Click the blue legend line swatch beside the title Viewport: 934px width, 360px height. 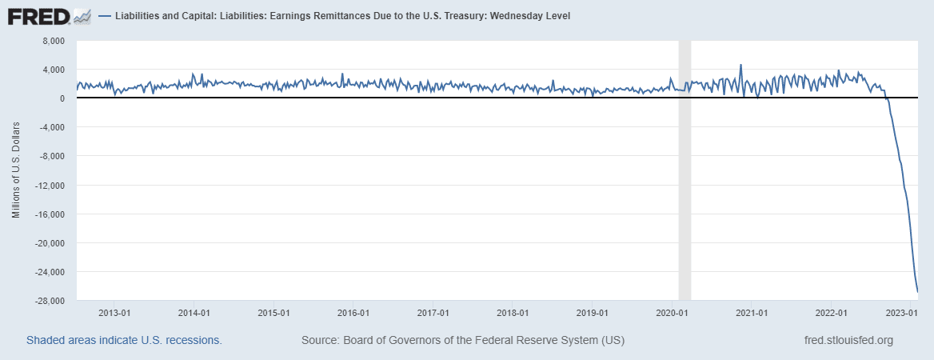tap(105, 16)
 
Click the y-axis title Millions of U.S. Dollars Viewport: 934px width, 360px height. tap(15, 171)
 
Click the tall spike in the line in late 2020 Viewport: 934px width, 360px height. tap(740, 65)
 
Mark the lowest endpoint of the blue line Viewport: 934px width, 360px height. tap(917, 291)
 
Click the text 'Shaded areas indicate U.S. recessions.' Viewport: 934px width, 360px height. tap(124, 340)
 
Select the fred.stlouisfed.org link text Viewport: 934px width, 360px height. tap(848, 340)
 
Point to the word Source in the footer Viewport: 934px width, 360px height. tap(319, 340)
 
